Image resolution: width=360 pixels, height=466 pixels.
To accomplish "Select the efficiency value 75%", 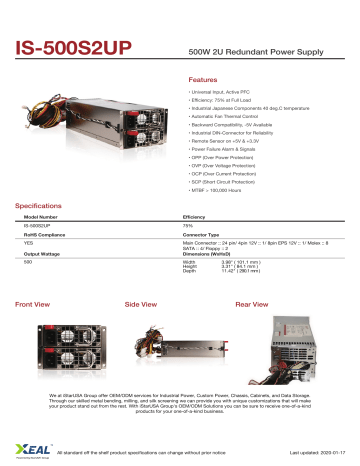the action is point(188,227).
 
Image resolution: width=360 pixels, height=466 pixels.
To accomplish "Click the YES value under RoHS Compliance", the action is point(29,244).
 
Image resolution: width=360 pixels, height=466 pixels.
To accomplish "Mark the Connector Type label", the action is point(203,235).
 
